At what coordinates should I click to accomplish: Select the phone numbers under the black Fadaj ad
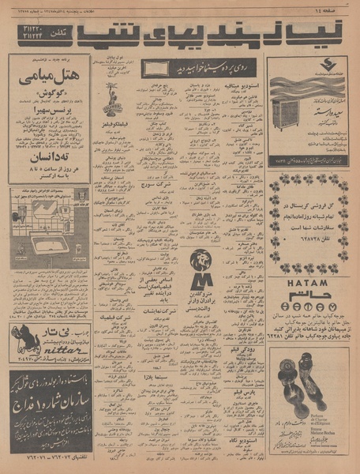[x=49, y=457]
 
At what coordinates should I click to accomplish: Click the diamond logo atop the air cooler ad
[x=306, y=63]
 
